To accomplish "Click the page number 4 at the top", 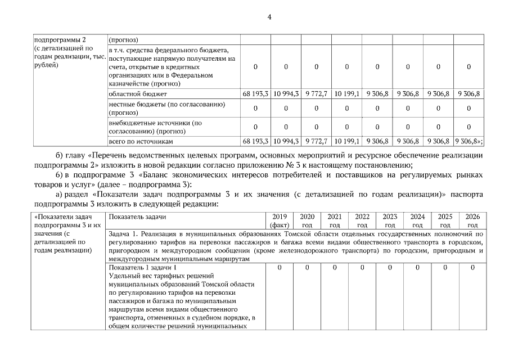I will (269, 17).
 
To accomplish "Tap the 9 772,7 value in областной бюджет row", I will (316, 93).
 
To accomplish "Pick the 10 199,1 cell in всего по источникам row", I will (346, 141).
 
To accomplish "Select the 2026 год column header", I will (472, 220).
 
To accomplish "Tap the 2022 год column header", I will (362, 220).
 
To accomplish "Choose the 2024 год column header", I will (417, 220).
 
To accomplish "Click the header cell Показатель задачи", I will (137, 217).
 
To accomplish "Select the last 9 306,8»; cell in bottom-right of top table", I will (469, 141).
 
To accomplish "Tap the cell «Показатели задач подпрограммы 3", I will (68, 221).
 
